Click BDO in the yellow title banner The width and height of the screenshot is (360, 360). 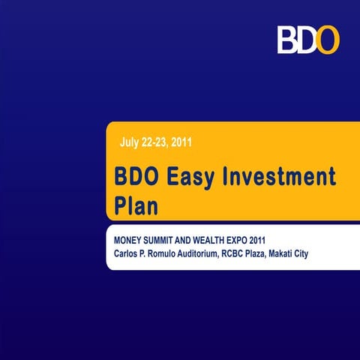pyautogui.click(x=137, y=178)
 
